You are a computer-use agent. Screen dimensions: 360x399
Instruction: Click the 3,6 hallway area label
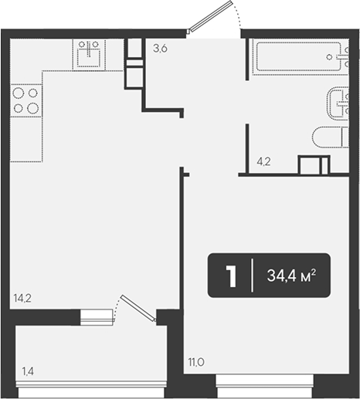pos(160,49)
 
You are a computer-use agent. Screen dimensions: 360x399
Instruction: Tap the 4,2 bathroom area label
pos(263,161)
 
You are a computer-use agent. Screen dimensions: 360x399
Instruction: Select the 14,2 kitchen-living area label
pos(22,299)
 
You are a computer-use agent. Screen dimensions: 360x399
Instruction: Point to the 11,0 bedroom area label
pos(196,362)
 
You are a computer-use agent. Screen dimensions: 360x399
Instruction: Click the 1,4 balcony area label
pos(28,371)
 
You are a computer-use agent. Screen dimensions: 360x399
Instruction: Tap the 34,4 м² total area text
pos(291,276)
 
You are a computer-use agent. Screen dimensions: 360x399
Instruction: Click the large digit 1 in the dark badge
pos(231,276)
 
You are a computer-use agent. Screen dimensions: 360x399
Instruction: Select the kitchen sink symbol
pos(89,55)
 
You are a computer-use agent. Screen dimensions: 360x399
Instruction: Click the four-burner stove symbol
pos(26,100)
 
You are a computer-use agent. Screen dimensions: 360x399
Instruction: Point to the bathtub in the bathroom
pos(301,57)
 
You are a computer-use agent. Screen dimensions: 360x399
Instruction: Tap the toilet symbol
pos(331,137)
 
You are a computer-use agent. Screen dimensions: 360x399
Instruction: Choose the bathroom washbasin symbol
pos(338,103)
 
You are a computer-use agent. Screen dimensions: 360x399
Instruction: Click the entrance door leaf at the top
pos(210,17)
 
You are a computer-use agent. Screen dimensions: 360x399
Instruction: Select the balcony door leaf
pos(138,308)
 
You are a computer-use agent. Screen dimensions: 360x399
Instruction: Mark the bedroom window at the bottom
pos(264,385)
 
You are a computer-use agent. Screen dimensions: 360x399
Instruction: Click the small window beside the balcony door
pos(97,317)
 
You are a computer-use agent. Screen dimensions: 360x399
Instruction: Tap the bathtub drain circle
pos(329,57)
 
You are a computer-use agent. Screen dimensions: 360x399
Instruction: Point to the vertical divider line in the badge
pos(252,276)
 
